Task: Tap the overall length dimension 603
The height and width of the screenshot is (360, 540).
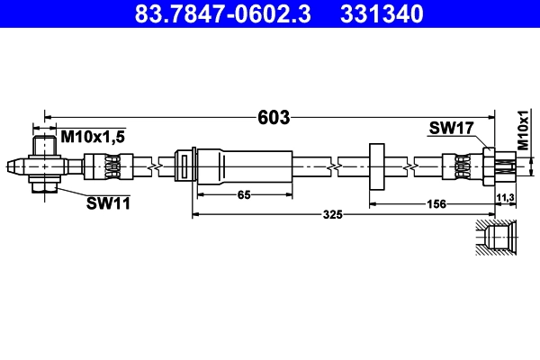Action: (x=273, y=117)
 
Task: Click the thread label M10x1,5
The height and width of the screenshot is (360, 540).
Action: (x=93, y=136)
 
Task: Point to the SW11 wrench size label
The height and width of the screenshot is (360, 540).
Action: (x=108, y=203)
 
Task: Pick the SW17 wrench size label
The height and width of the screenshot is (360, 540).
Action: (x=452, y=130)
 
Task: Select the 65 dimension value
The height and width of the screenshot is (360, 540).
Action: (x=244, y=195)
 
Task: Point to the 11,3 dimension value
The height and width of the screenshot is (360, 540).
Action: (x=505, y=196)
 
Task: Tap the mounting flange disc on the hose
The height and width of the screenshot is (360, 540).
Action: (x=376, y=166)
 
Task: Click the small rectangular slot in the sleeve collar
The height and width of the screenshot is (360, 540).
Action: (x=184, y=166)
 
